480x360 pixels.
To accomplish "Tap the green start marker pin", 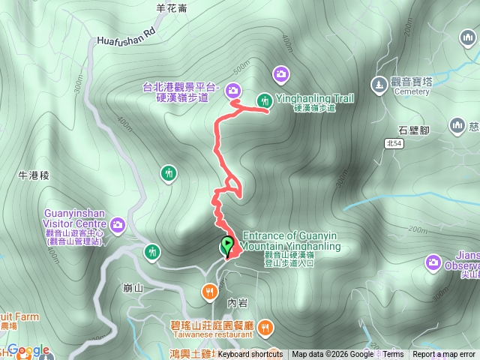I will pos(226,245).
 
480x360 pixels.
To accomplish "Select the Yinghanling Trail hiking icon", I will pos(264,100).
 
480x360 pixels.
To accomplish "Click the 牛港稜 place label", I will pos(33,175).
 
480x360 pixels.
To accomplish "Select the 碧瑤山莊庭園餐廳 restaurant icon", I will pos(267,328).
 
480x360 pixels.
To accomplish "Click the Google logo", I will pos(28,350).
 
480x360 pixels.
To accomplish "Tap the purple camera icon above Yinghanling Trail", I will pos(280,73).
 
